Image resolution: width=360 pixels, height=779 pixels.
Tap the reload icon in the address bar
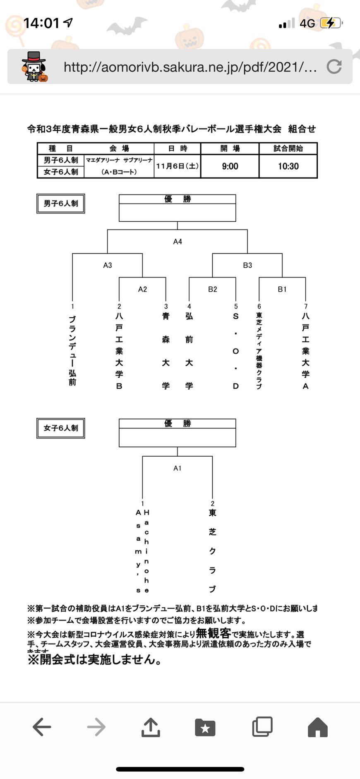click(x=334, y=67)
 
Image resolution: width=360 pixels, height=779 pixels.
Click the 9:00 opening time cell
click(x=230, y=166)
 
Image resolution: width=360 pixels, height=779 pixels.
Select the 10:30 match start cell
click(x=288, y=166)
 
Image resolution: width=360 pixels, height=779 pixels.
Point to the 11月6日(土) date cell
click(x=177, y=166)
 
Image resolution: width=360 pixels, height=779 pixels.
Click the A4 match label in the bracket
click(x=178, y=242)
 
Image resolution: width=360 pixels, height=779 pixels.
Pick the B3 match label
click(x=247, y=265)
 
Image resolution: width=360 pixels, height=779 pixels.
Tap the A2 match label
click(x=142, y=289)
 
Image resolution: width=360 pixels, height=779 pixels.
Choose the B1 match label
click(x=282, y=289)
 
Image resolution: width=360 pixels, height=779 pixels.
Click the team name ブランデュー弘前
click(x=72, y=350)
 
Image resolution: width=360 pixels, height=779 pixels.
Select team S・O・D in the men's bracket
click(x=236, y=351)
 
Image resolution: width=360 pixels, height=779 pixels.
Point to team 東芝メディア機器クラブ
click(x=259, y=351)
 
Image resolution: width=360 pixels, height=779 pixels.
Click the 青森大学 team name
click(x=166, y=351)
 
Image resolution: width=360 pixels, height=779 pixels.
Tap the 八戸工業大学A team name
click(x=306, y=351)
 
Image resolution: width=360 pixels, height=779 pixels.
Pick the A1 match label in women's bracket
click(x=178, y=468)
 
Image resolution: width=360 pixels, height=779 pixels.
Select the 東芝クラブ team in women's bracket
click(x=213, y=551)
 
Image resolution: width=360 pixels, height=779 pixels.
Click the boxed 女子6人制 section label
click(x=61, y=428)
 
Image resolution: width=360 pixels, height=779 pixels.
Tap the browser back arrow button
click(x=42, y=727)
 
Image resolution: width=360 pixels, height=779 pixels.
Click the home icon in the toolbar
click(x=318, y=727)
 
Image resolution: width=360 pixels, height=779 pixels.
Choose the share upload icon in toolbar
click(x=151, y=727)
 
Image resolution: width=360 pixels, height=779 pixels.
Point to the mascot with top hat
click(x=34, y=67)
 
